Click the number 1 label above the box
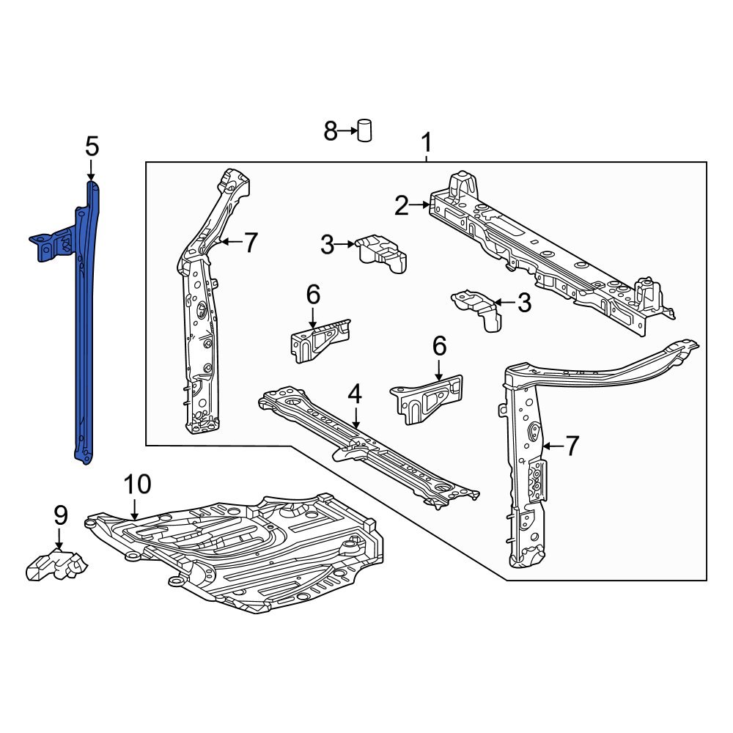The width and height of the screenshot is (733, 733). [426, 141]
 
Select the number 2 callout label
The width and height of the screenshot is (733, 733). [401, 206]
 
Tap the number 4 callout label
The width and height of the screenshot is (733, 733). [355, 395]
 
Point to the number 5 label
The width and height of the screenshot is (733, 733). [91, 147]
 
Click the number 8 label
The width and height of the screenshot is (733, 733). [331, 132]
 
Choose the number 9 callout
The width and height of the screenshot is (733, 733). [60, 515]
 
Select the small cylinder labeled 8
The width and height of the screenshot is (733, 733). [364, 130]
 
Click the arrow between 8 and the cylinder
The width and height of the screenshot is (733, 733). [347, 132]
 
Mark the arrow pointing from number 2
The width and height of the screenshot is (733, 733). [421, 206]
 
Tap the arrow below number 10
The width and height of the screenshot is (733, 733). [136, 509]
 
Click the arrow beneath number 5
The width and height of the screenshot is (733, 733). [91, 171]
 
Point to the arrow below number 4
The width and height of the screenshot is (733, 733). [356, 419]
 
